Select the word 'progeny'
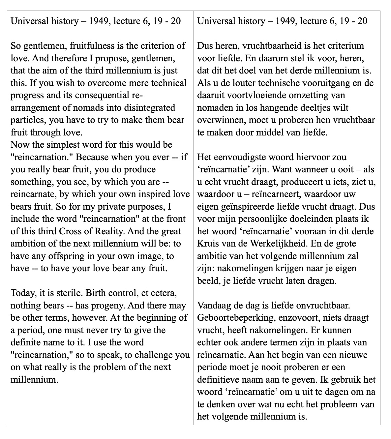(x=106, y=306)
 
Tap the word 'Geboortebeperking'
(x=233, y=318)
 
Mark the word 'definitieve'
(x=219, y=380)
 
